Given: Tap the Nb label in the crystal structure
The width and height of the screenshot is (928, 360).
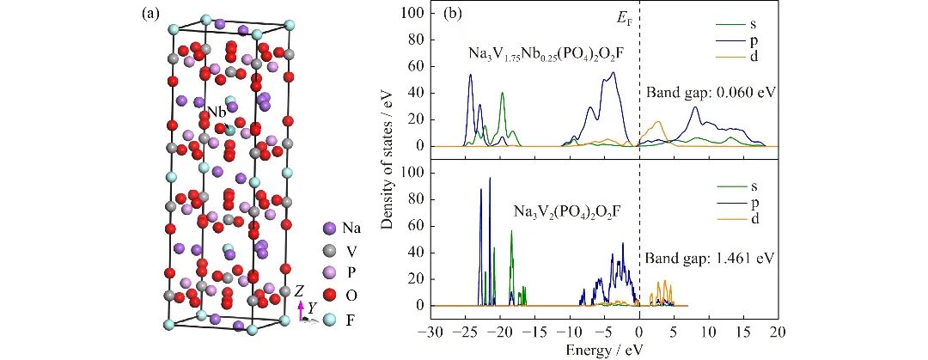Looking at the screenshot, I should point(216,113).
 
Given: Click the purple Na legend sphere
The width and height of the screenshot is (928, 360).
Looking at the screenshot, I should point(329,229).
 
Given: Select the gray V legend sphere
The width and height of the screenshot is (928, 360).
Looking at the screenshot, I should point(329,252).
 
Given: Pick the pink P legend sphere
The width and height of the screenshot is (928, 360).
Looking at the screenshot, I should point(329,274).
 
